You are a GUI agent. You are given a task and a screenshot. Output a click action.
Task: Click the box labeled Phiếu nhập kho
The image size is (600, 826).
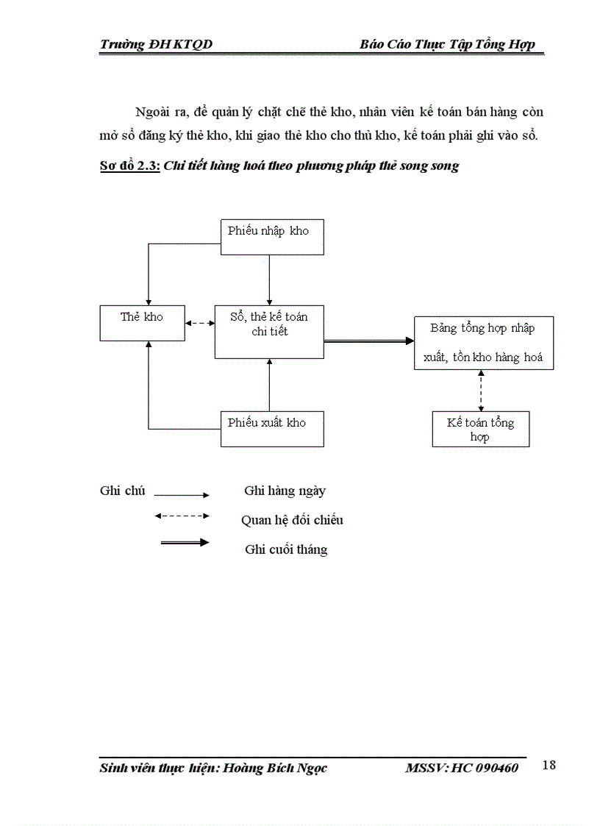(272, 237)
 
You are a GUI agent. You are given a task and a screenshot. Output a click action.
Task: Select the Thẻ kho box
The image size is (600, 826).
(142, 323)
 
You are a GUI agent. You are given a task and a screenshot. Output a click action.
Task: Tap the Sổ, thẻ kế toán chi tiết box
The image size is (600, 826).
(269, 332)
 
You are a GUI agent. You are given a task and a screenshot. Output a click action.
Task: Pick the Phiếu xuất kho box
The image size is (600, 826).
(272, 429)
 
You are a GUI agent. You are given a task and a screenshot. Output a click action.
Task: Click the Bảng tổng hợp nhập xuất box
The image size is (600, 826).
(482, 343)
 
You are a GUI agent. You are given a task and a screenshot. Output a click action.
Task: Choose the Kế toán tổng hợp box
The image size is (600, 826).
(480, 430)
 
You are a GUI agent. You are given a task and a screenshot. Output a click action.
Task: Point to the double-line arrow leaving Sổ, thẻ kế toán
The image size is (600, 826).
(368, 341)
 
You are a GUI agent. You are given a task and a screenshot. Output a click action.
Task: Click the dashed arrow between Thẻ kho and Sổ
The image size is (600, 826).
(195, 322)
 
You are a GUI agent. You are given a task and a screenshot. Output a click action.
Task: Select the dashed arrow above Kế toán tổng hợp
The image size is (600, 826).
(481, 391)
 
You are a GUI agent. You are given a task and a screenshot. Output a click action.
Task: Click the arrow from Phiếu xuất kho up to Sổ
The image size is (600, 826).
(270, 385)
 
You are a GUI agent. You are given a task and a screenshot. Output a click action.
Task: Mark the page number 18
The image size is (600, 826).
(549, 766)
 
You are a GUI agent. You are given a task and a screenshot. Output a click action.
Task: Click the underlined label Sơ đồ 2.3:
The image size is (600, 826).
(129, 166)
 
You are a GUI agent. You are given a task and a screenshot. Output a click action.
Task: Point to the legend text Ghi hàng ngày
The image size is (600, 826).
(285, 491)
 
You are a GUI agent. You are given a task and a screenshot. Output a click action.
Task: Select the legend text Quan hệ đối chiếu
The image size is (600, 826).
(292, 520)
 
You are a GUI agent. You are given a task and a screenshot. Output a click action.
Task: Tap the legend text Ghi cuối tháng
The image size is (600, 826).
(286, 549)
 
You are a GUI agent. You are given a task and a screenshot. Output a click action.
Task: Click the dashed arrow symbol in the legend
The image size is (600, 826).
(182, 516)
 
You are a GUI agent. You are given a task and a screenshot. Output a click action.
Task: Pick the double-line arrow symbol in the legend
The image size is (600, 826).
(185, 542)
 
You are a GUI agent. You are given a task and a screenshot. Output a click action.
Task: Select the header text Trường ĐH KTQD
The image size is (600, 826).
(156, 45)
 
